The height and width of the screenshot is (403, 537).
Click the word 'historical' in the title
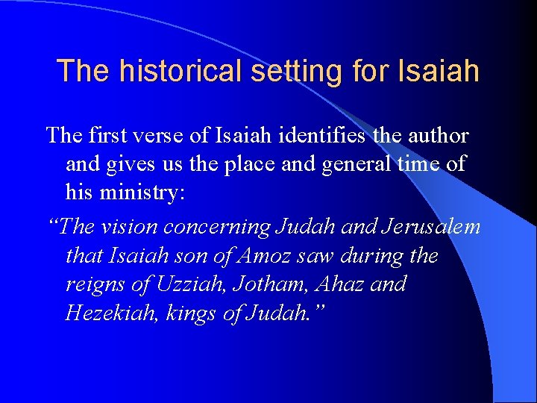[164, 71]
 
